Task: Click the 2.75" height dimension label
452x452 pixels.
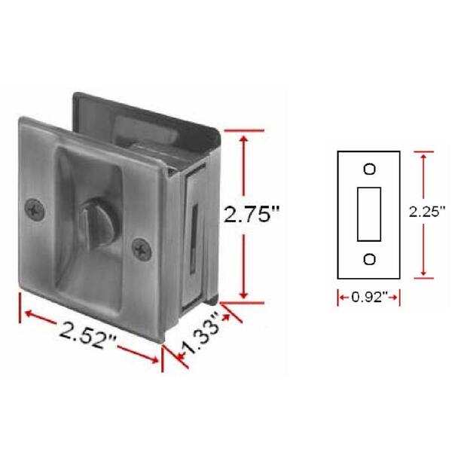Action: (x=252, y=215)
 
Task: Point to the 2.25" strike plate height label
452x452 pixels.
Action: (x=425, y=212)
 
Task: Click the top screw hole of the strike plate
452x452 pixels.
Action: (x=369, y=168)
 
